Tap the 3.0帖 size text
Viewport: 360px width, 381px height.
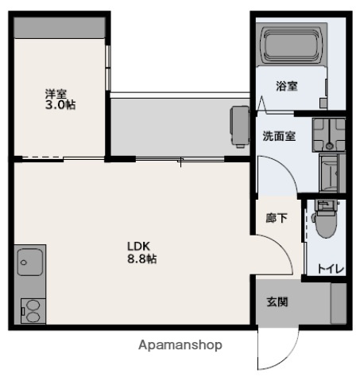click(60, 105)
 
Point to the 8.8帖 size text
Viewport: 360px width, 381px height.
click(141, 259)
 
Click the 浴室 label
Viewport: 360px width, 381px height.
click(287, 86)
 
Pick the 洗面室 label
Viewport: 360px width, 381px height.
click(279, 136)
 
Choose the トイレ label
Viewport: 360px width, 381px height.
click(331, 270)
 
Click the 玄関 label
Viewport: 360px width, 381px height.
click(277, 302)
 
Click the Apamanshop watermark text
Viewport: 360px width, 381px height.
click(180, 345)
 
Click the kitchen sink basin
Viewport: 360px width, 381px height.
click(30, 261)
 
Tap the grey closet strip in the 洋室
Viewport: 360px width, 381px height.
click(60, 26)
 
